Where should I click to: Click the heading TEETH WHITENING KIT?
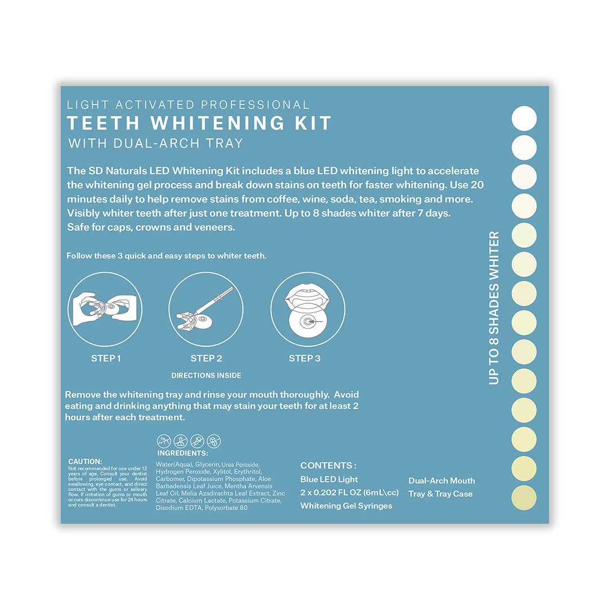[199, 123]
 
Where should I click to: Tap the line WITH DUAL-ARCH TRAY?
[155, 143]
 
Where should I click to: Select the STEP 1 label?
[106, 358]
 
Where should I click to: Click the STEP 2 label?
[206, 358]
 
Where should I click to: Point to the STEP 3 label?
[304, 358]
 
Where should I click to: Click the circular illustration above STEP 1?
[105, 308]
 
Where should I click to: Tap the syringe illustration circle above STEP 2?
[206, 308]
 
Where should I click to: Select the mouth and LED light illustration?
[307, 308]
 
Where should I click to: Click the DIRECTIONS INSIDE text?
[206, 376]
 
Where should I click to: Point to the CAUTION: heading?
[85, 461]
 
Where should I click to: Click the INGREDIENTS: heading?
[182, 453]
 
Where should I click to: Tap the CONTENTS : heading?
[328, 465]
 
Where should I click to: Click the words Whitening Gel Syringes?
[346, 506]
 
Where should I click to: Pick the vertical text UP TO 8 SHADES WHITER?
[494, 308]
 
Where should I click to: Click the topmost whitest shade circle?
[524, 119]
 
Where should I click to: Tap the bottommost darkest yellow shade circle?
[524, 498]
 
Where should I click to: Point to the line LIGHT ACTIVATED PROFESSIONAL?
[188, 104]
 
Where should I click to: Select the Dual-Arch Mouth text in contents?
[442, 481]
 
